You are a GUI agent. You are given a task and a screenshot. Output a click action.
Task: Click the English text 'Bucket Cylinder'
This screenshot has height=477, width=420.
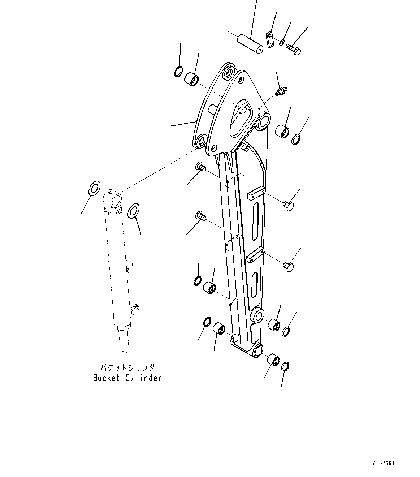[x=127, y=378]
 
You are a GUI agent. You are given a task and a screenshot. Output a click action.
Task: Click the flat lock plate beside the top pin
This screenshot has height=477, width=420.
[x=269, y=39]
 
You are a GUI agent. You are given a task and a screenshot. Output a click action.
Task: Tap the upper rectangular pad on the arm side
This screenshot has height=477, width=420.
[x=256, y=193]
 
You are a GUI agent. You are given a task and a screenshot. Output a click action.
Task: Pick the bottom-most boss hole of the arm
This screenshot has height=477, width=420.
[x=258, y=351]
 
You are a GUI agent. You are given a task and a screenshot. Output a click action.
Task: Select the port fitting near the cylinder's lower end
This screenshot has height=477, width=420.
[x=136, y=309]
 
